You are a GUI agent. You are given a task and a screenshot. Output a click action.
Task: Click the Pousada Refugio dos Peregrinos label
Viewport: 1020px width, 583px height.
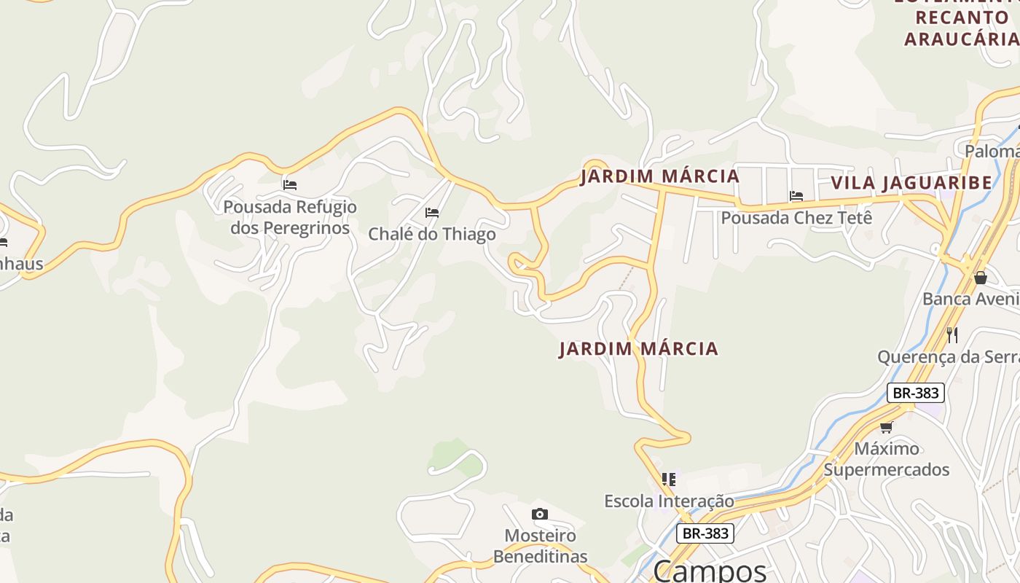(290, 217)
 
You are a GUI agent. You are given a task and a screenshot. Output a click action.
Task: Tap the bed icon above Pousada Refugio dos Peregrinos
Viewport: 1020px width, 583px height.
(290, 185)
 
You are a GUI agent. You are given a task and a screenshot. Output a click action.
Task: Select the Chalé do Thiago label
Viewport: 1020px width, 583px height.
(432, 234)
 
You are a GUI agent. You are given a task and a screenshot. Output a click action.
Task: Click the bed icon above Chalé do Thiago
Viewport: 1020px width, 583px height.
(432, 213)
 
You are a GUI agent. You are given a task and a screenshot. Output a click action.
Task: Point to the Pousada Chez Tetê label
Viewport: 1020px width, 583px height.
(796, 217)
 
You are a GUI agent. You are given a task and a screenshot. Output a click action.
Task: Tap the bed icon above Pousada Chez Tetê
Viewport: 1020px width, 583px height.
(796, 195)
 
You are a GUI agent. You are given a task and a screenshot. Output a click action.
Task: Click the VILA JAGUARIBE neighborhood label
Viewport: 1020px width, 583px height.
(911, 182)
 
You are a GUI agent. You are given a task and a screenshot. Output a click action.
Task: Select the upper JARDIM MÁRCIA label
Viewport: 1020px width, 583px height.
(660, 176)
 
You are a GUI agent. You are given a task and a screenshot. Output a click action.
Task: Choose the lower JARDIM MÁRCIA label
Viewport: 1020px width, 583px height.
(639, 349)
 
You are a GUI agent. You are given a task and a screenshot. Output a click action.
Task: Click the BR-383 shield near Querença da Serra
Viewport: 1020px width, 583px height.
(916, 393)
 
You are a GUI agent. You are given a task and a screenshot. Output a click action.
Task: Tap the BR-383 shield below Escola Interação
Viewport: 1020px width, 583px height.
(705, 533)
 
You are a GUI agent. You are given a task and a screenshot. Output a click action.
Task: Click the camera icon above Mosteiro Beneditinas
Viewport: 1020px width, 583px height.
(539, 514)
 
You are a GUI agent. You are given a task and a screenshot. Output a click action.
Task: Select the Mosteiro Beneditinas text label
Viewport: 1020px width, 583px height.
(540, 546)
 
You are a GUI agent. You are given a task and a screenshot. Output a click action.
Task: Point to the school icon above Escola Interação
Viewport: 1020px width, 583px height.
(669, 479)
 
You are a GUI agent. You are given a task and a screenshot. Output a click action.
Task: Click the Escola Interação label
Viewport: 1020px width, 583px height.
(669, 501)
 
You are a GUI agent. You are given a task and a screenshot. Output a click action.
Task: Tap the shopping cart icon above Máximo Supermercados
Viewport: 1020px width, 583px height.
(887, 427)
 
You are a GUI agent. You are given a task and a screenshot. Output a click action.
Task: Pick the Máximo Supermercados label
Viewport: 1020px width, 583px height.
(887, 458)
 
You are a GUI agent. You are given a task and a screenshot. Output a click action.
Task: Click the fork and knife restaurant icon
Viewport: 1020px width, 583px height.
(952, 334)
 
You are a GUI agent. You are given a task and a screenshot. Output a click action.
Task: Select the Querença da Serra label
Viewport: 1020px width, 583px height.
(948, 357)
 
